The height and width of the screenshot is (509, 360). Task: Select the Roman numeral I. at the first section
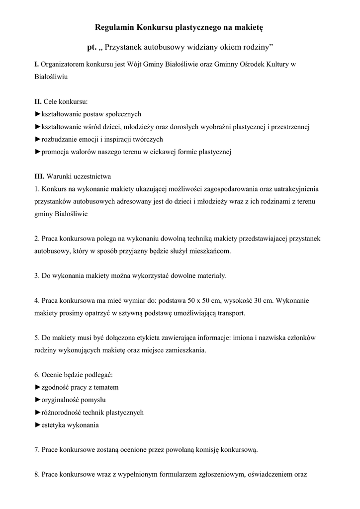pos(36,65)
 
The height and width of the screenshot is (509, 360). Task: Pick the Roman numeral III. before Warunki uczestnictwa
pos(39,176)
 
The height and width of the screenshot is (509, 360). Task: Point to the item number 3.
pos(36,276)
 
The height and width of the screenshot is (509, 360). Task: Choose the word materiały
pos(211,276)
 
